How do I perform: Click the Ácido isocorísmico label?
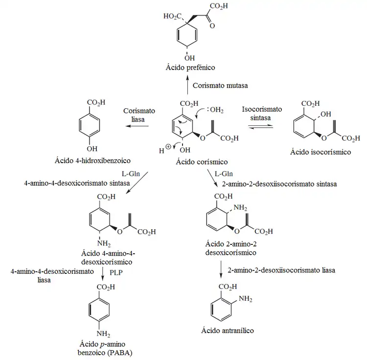tap(321, 152)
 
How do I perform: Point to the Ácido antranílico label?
tap(228, 331)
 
